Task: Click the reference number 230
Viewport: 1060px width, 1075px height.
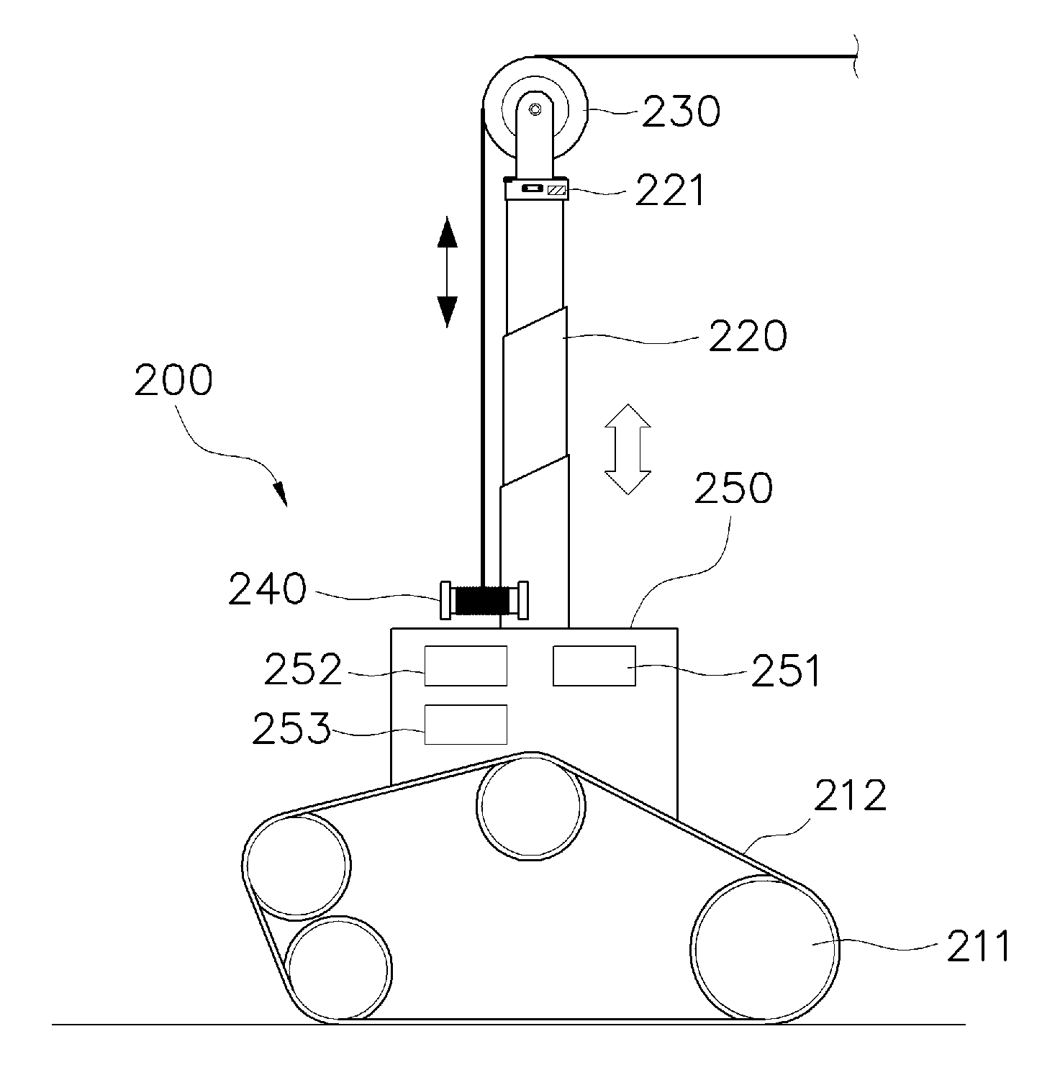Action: (x=680, y=112)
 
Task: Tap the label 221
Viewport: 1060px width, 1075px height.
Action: (x=671, y=191)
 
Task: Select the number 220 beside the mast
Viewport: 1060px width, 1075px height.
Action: (x=748, y=335)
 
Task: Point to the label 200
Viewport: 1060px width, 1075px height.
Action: (x=173, y=380)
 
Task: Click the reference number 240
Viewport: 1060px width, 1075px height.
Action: (x=267, y=589)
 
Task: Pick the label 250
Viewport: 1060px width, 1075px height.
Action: (x=734, y=488)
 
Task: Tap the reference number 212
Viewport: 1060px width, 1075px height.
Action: (x=850, y=796)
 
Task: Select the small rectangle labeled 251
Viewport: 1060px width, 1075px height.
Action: (x=594, y=666)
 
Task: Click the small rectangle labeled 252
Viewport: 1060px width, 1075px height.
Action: (x=466, y=666)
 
